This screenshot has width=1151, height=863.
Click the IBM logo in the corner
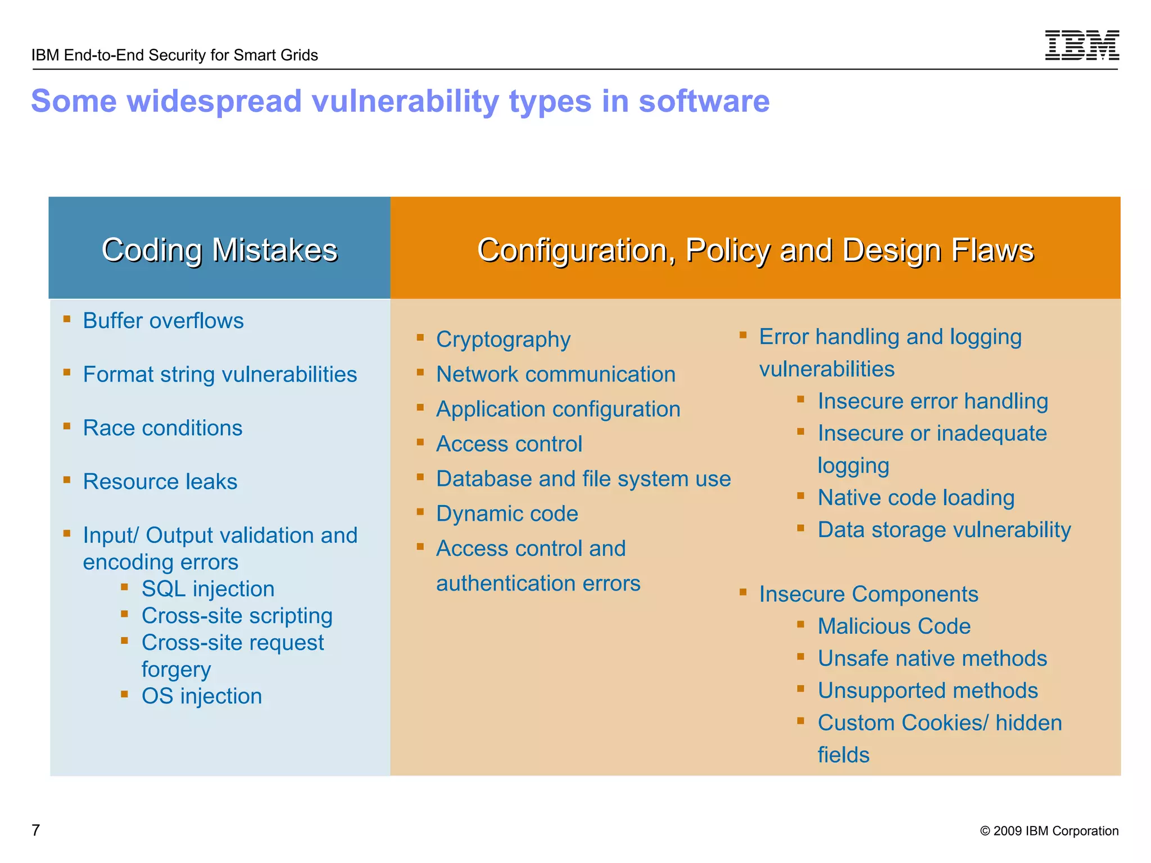pos(1081,45)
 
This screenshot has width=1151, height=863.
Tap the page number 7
pos(36,830)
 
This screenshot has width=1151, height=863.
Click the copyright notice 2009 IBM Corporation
pos(1049,831)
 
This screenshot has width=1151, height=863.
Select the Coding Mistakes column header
pos(219,250)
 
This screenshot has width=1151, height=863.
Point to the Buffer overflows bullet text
pos(163,321)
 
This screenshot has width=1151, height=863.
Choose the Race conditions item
pos(162,428)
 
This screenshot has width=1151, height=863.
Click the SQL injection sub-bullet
pos(208,589)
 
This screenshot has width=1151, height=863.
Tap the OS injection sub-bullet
pos(202,696)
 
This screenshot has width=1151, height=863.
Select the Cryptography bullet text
pos(503,339)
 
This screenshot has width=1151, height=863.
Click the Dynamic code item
pos(507,514)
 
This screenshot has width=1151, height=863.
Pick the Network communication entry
pos(556,374)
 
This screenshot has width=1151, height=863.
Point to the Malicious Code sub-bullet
pos(894,626)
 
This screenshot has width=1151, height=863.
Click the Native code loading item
pos(916,498)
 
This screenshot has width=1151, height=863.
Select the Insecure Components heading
pos(868,594)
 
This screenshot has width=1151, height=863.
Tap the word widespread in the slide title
pos(215,101)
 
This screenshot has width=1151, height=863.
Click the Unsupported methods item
pos(927,691)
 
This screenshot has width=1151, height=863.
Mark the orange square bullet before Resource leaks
pos(67,480)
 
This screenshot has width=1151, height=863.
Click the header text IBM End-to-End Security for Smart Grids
pos(174,55)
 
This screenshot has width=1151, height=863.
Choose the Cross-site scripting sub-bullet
pos(237,616)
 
